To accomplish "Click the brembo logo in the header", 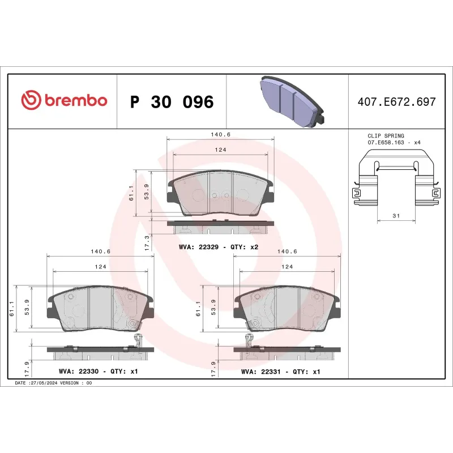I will point(64,101).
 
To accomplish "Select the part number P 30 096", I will point(172,102).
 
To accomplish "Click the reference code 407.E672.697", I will point(397,102).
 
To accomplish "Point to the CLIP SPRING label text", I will point(386,136).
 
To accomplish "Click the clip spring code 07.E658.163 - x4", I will point(394,143).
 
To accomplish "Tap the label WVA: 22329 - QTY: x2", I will point(218,247).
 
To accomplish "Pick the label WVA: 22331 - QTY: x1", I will point(281,372).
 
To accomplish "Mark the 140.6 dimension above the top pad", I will point(219,135).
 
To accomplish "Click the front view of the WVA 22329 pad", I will point(221,194).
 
